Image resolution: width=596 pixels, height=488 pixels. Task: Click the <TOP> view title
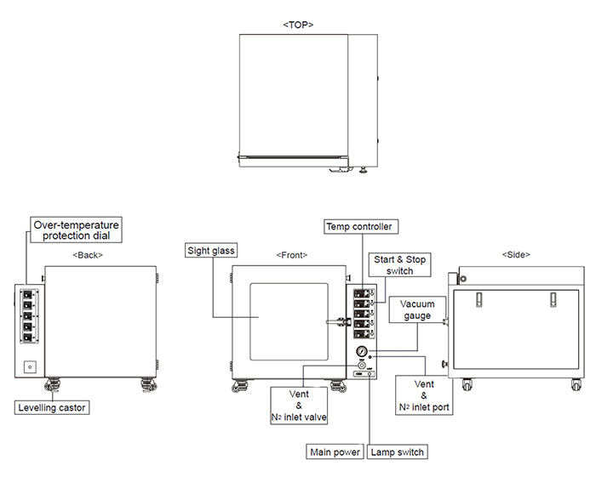coord(298,25)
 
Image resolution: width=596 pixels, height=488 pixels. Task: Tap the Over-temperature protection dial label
coord(76,230)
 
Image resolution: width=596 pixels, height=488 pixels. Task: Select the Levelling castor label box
coord(52,407)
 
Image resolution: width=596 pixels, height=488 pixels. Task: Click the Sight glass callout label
coord(211,251)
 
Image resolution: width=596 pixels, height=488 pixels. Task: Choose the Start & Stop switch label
coord(400,265)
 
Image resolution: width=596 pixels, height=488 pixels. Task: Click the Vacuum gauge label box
coord(417,309)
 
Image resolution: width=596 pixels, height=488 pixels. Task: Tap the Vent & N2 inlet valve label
coord(299,406)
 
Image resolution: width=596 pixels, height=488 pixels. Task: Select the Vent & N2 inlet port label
coord(424,395)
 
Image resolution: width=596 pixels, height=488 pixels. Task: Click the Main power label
coord(335,452)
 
